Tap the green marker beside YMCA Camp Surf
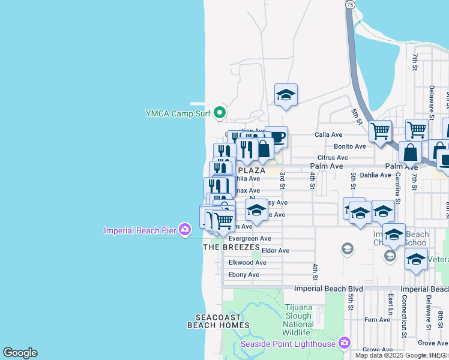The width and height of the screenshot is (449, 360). (x=220, y=113)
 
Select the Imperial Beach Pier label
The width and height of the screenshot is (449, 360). (x=140, y=230)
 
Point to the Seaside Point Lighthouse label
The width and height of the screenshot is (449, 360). (x=288, y=343)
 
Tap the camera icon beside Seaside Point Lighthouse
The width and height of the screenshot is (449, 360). (x=344, y=343)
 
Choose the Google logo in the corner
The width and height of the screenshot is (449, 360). (x=20, y=353)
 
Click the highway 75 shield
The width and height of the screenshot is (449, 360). (x=349, y=4)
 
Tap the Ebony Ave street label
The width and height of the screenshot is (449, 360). (x=244, y=275)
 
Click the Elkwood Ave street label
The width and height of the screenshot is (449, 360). (x=247, y=263)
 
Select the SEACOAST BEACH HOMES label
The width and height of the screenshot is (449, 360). (x=218, y=321)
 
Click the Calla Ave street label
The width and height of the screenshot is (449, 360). (x=328, y=135)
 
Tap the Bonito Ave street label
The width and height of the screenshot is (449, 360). (x=350, y=146)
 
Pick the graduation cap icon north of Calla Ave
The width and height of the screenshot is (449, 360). (x=286, y=94)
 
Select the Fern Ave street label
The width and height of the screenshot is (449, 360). (x=378, y=320)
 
